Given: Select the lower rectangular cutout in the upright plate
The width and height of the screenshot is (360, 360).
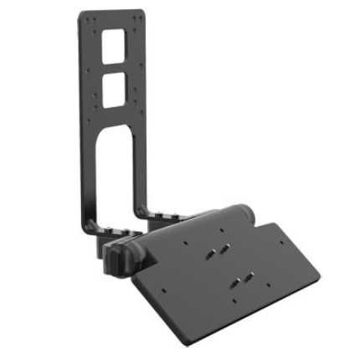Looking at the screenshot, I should point(115,85).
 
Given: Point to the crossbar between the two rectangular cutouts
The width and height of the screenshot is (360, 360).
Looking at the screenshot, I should point(115,67).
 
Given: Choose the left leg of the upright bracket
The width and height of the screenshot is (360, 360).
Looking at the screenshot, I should point(89,167).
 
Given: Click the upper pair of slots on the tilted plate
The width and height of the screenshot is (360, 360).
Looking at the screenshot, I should point(219,249).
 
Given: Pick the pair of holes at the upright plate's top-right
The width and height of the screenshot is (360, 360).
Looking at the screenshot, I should point(139,21).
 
